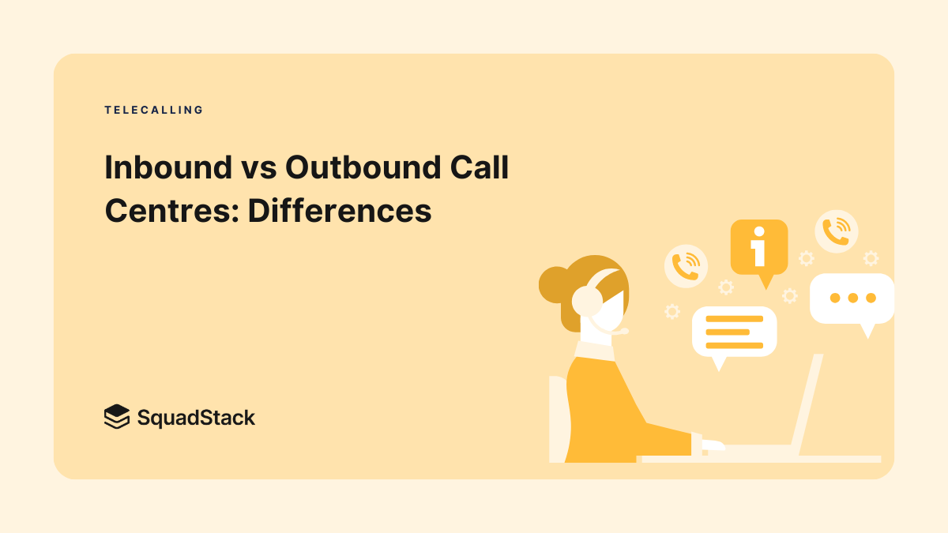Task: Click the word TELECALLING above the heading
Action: (154, 111)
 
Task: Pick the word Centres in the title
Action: (169, 210)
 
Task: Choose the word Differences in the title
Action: (340, 210)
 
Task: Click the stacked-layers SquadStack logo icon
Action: (116, 416)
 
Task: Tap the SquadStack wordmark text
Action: (196, 417)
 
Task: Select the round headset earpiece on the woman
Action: (587, 300)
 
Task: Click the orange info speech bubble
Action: (758, 247)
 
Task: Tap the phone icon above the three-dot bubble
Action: (836, 231)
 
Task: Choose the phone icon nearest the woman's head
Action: (686, 265)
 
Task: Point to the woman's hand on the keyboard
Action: (711, 445)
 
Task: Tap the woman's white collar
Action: (594, 351)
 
